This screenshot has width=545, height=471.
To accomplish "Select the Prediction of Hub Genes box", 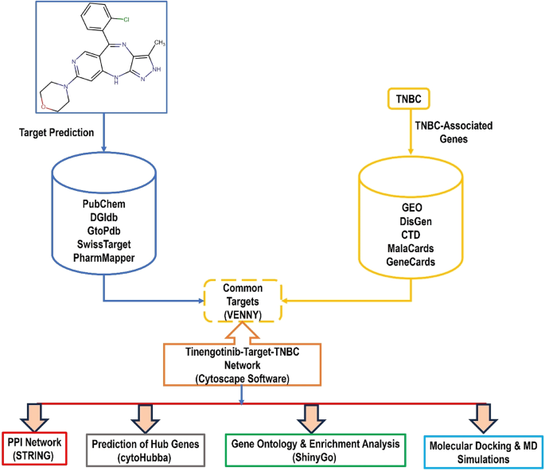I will tap(144, 448).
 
